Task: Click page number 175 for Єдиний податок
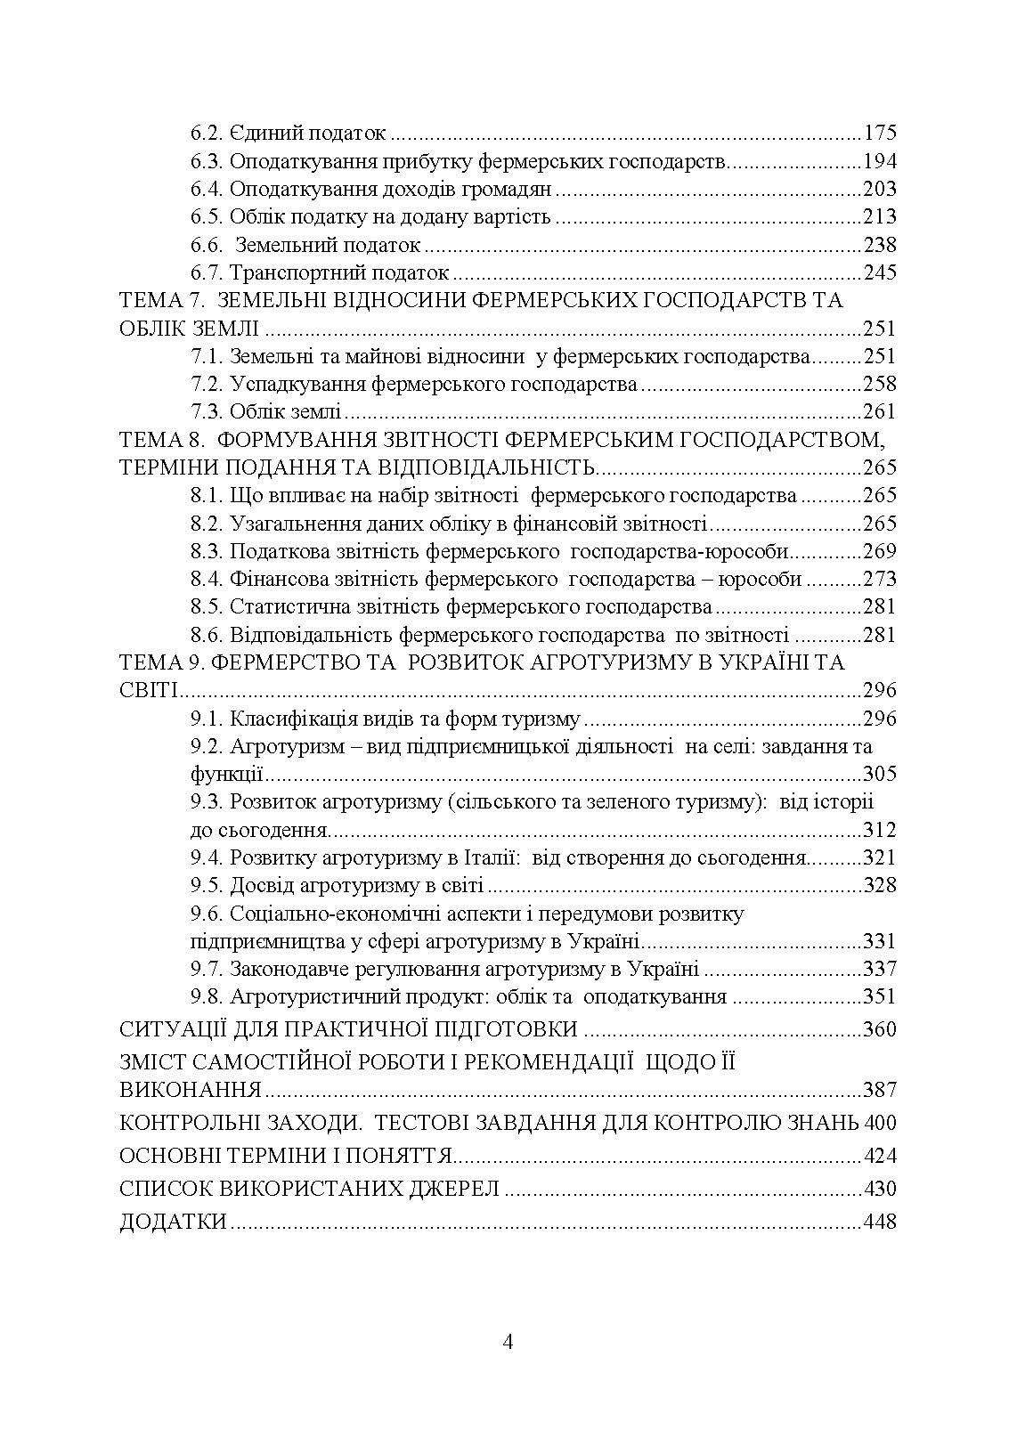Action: (879, 134)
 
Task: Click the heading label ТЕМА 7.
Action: (162, 301)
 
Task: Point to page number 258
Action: (879, 385)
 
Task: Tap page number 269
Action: (879, 551)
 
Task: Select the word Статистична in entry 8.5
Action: (282, 607)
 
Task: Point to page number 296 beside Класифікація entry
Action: (879, 719)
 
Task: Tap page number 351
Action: (879, 997)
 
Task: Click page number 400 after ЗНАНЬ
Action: (880, 1123)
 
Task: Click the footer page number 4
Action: (508, 1343)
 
